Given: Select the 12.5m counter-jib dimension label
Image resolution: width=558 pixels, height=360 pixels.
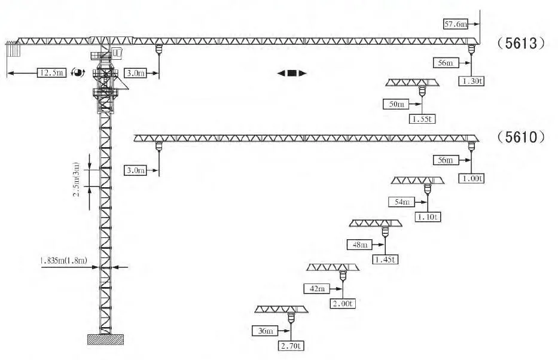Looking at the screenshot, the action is coord(51,73).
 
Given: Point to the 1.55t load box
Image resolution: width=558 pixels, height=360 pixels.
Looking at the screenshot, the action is coord(422,119).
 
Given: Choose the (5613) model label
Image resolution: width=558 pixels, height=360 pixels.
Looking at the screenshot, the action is coord(521,44).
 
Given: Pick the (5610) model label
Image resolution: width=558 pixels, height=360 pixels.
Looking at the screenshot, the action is coord(521,137).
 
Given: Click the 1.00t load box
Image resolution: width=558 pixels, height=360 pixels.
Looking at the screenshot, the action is coord(471,178).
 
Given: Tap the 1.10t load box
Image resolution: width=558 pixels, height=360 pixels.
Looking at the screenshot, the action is coord(428,217).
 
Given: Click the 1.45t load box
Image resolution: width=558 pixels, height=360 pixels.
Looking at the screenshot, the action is coord(385,260).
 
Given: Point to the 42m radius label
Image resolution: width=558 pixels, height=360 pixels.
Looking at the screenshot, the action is coord(316,288).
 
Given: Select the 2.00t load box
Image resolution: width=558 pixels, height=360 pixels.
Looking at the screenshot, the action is coord(343,304).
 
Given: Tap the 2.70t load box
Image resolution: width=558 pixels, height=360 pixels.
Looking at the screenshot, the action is coord(291,346).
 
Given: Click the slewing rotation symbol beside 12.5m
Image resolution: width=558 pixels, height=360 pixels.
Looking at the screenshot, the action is coord(78,72).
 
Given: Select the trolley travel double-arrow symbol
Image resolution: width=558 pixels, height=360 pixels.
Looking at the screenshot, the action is coord(292,73).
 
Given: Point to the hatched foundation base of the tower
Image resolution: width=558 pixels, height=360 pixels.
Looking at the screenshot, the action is coord(105,340).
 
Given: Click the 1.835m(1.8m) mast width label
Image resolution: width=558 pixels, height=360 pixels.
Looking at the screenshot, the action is coord(63,261).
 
